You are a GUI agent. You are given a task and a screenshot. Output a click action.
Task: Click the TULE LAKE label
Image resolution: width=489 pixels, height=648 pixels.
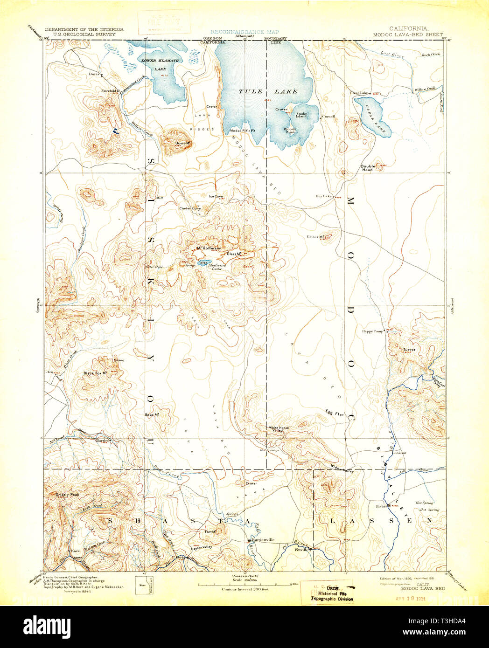coord(268,92)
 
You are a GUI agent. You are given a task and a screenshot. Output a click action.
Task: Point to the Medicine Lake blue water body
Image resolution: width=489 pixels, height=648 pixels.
coord(204,263)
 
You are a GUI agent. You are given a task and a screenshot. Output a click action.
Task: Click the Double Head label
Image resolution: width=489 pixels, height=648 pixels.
coord(367,168)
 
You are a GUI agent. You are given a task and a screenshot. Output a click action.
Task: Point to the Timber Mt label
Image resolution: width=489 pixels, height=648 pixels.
coord(315,237)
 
